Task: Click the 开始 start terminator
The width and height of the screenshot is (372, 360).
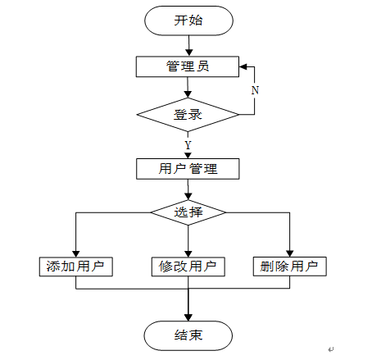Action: click(188, 21)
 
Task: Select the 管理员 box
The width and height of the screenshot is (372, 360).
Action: click(188, 66)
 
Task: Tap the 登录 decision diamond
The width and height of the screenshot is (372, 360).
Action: click(188, 115)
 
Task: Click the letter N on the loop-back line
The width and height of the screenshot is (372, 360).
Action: click(255, 90)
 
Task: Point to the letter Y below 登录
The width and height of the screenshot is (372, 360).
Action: click(188, 145)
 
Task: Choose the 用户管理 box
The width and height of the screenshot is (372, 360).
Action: click(188, 169)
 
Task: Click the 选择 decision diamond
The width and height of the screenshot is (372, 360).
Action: click(188, 212)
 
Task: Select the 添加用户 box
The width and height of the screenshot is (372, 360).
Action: click(76, 267)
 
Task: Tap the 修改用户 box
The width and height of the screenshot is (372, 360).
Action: click(188, 267)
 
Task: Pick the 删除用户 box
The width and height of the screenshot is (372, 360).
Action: click(290, 267)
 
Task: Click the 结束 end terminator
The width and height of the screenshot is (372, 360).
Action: click(188, 335)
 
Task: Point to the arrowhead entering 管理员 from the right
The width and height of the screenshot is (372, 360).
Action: click(243, 66)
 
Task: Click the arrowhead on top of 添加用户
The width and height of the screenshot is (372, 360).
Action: click(76, 253)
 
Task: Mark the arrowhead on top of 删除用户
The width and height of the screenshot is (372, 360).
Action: click(290, 253)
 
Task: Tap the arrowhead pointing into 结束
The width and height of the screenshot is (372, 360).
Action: click(188, 317)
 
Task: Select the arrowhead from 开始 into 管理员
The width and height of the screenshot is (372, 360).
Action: click(188, 53)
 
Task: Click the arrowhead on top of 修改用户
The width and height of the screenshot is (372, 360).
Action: click(188, 253)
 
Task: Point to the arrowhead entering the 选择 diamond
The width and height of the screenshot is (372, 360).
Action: click(188, 197)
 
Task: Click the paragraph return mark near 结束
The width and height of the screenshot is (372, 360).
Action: click(331, 349)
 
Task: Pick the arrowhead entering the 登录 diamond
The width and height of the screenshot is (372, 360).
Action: click(188, 94)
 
